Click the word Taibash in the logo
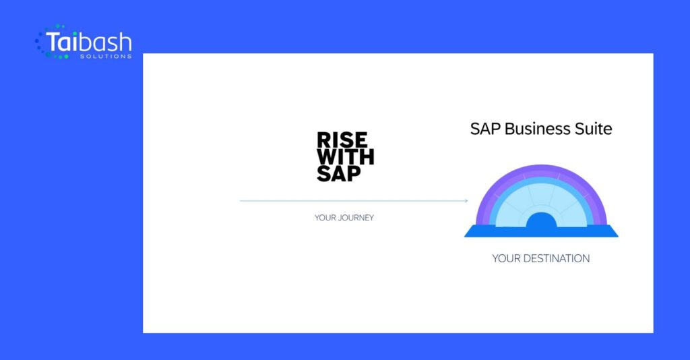coord(89,42)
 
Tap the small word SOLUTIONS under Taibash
coord(106,57)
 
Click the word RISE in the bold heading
coord(342,140)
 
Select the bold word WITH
coord(346,156)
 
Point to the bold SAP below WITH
coord(339,173)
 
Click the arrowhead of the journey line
coord(466,201)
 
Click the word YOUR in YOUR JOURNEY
coord(325,218)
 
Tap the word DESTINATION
coord(556,258)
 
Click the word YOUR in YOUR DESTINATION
coord(505,258)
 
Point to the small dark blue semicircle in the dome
coord(541,220)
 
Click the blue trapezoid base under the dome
coord(541,232)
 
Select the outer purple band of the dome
coord(541,169)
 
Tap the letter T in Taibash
coord(53,42)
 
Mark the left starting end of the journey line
coord(240,201)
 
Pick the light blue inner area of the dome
coord(541,198)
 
